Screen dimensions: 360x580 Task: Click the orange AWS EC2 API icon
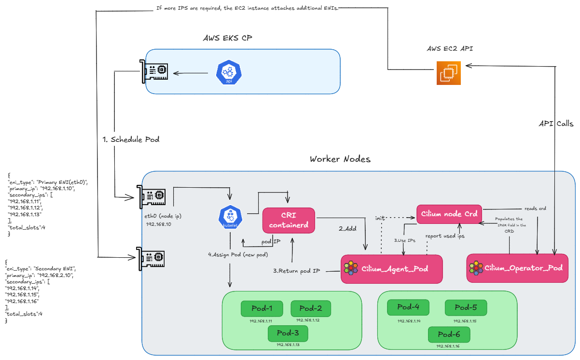pos(449,73)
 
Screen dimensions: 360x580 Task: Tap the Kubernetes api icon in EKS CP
pos(229,73)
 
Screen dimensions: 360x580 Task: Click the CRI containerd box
pos(289,220)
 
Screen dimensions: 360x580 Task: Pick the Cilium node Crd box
pos(450,213)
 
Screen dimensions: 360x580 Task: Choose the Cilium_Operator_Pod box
pos(515,268)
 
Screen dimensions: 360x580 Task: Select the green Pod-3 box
pos(288,333)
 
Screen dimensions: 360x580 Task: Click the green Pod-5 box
pos(466,307)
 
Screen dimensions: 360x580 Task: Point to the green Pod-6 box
pos(449,334)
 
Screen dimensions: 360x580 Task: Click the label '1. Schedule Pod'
pos(131,139)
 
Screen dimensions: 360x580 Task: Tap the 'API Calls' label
pos(556,124)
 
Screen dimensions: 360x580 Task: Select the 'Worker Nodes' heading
pos(340,159)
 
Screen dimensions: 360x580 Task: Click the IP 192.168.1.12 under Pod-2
pos(308,320)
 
